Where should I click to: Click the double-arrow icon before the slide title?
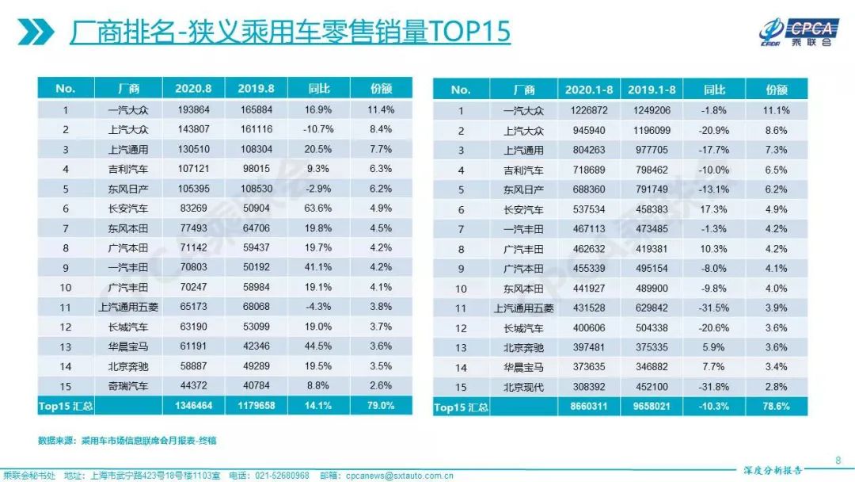pyautogui.click(x=36, y=33)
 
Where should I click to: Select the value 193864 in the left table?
pyautogui.click(x=193, y=109)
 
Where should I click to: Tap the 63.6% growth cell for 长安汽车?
pyautogui.click(x=317, y=208)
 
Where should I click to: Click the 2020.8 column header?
pyautogui.click(x=193, y=89)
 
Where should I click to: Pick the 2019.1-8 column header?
pyautogui.click(x=651, y=90)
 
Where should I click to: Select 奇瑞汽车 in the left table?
pyautogui.click(x=127, y=385)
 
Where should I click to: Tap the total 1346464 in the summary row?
pyautogui.click(x=193, y=405)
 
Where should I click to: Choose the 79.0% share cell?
pyautogui.click(x=380, y=405)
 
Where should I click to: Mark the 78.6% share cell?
pyautogui.click(x=776, y=407)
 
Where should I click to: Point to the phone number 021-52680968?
pyautogui.click(x=281, y=475)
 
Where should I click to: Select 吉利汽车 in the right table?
pyautogui.click(x=523, y=170)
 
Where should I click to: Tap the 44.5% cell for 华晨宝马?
pyautogui.click(x=317, y=346)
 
